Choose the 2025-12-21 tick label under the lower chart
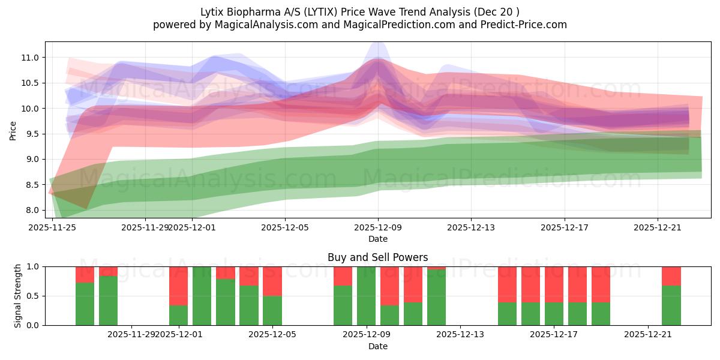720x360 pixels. tap(648, 334)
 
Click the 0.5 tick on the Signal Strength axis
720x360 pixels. tap(34, 296)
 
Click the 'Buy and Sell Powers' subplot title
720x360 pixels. tap(377, 257)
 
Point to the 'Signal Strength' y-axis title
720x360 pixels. tap(17, 295)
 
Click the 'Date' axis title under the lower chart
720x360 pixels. tap(377, 346)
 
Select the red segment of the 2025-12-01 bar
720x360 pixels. tap(179, 286)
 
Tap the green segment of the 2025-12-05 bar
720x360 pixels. tap(272, 310)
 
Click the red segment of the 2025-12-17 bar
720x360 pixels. tap(554, 284)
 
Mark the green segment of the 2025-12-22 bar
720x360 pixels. tap(671, 305)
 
